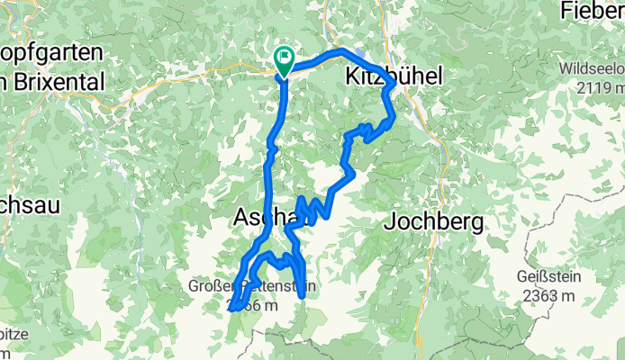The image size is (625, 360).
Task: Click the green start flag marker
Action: (x=285, y=62)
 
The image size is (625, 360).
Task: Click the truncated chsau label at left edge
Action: (x=29, y=205)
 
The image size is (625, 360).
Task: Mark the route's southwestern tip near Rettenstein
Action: (x=232, y=309)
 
